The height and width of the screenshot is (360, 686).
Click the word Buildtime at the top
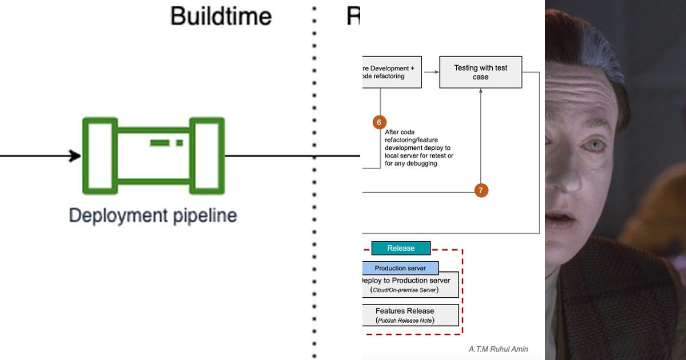pos(221,16)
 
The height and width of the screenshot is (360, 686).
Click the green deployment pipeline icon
pos(153,155)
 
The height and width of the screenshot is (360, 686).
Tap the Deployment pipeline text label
pos(153,215)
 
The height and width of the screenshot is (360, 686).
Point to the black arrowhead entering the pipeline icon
pos(75,155)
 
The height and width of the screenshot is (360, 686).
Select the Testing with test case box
pos(480,72)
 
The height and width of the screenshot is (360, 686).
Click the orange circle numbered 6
pos(380,122)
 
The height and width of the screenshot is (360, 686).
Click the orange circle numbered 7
pos(481,190)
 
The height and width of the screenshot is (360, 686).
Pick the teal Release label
pos(401,248)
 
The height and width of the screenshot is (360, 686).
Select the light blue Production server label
pos(400,268)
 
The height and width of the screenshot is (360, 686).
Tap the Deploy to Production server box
pos(410,285)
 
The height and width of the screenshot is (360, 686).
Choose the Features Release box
pos(410,315)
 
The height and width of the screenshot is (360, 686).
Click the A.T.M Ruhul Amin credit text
pos(498,349)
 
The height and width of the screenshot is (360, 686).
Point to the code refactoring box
pos(392,72)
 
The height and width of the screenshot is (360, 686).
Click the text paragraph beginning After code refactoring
pos(419,147)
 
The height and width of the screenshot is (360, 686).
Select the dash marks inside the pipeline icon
pos(166,142)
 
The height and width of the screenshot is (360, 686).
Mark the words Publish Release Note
pos(405,321)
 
